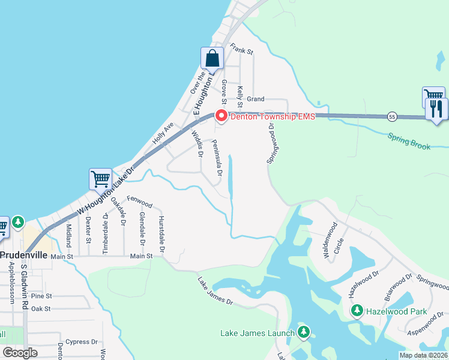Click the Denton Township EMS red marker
point(221,116)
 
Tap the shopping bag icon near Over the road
point(212,59)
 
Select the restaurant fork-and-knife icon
point(436,109)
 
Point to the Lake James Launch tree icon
point(304,332)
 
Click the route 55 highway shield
point(391,115)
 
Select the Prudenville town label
point(23,254)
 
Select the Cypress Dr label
point(82,342)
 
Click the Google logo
point(20,353)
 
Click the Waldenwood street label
point(329,240)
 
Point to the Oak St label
point(41,308)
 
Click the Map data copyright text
point(423,355)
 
